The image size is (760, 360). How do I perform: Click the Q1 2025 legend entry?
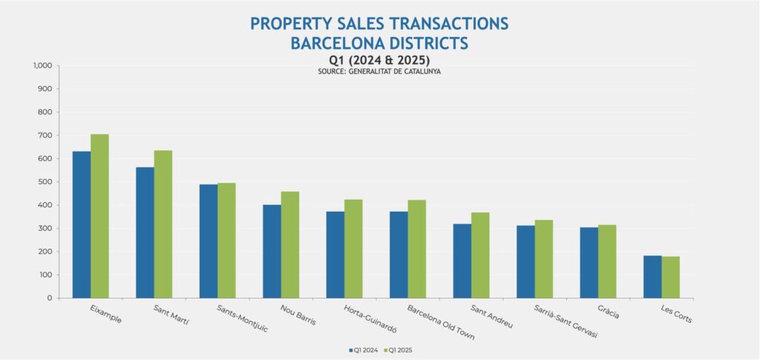399,348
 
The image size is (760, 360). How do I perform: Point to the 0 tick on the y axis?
48,298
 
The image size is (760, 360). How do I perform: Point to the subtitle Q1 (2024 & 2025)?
380,59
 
